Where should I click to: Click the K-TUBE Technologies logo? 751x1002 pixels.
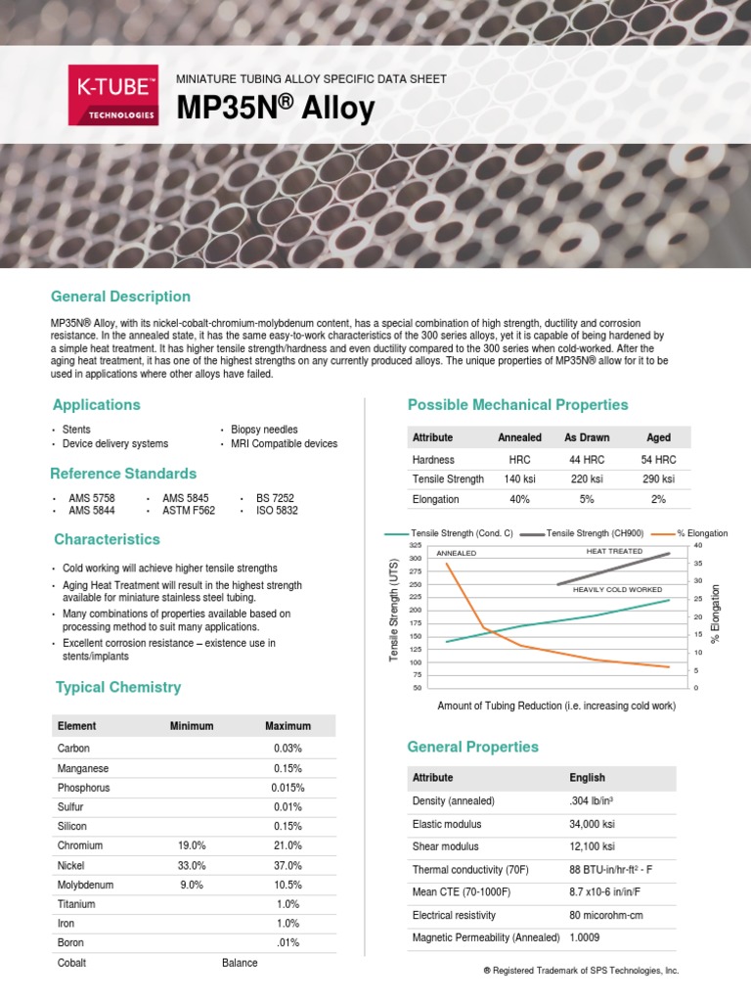(x=112, y=95)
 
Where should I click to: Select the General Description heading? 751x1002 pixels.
(x=121, y=296)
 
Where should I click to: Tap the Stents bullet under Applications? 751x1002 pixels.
(x=76, y=430)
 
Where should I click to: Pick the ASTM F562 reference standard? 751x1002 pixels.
(x=189, y=511)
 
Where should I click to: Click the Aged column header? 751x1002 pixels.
(x=658, y=437)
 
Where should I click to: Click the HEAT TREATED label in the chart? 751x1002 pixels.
(x=614, y=552)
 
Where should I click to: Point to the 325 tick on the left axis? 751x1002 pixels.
(x=415, y=545)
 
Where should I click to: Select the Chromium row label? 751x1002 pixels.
(x=80, y=845)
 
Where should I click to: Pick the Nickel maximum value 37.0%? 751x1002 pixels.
(x=287, y=865)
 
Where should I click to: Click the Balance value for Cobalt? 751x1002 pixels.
(x=240, y=963)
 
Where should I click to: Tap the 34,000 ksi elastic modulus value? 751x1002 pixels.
(x=592, y=825)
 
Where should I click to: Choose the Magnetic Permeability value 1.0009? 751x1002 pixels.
(x=586, y=938)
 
